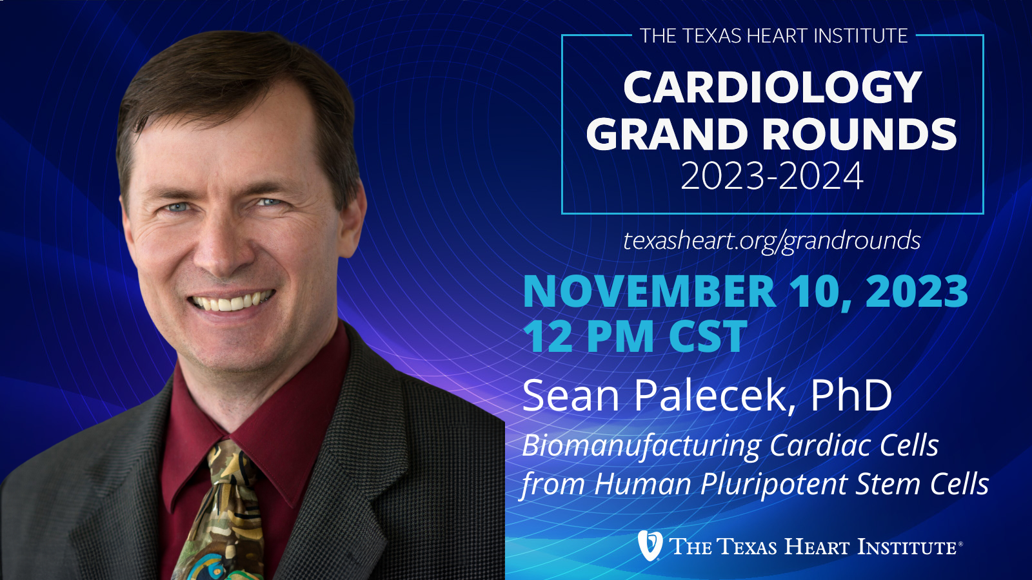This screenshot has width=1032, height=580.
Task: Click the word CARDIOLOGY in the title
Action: coord(772,88)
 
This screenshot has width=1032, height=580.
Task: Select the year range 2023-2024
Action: coord(771,176)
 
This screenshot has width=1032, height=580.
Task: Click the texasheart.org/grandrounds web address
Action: coord(771,241)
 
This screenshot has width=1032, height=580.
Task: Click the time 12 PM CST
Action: coord(635,336)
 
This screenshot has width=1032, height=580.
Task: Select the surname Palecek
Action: coord(710,396)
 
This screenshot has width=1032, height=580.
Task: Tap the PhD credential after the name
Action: coord(851,396)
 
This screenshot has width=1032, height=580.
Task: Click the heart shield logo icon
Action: coord(650,545)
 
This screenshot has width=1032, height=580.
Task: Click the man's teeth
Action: coord(232,302)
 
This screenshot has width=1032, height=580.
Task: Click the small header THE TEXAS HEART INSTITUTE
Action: coord(773,36)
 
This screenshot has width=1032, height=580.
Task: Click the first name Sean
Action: coord(570,396)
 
